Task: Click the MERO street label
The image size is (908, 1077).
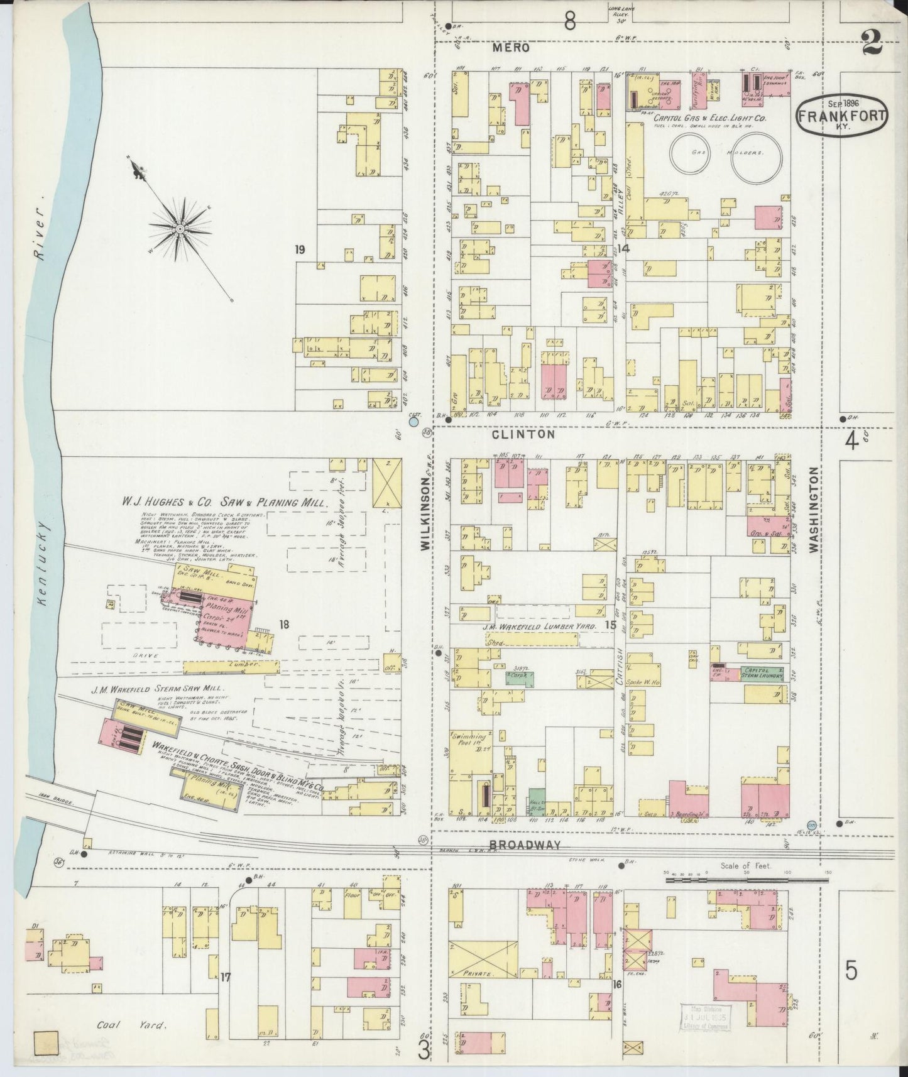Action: click(511, 48)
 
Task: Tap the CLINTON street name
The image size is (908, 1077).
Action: click(523, 434)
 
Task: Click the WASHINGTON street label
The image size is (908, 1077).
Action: click(814, 510)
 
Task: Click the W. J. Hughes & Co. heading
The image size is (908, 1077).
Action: click(224, 503)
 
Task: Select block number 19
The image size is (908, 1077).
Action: click(300, 250)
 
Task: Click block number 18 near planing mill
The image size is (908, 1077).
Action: click(285, 624)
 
